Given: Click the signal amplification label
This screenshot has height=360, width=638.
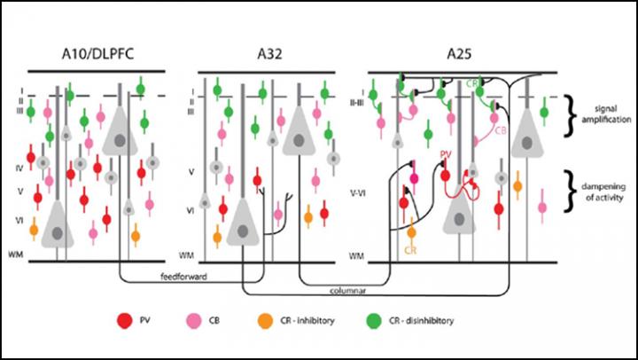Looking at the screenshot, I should pyautogui.click(x=602, y=111).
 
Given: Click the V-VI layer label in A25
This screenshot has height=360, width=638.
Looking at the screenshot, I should pyautogui.click(x=361, y=192).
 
